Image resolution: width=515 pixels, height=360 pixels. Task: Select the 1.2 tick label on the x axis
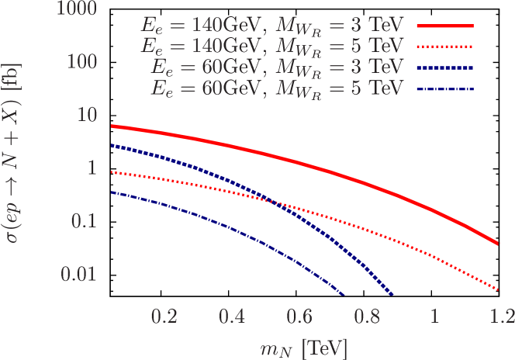pos(502,317)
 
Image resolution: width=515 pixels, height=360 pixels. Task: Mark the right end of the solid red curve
pos(497,244)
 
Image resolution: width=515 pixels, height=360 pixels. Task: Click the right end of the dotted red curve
pos(498,289)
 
